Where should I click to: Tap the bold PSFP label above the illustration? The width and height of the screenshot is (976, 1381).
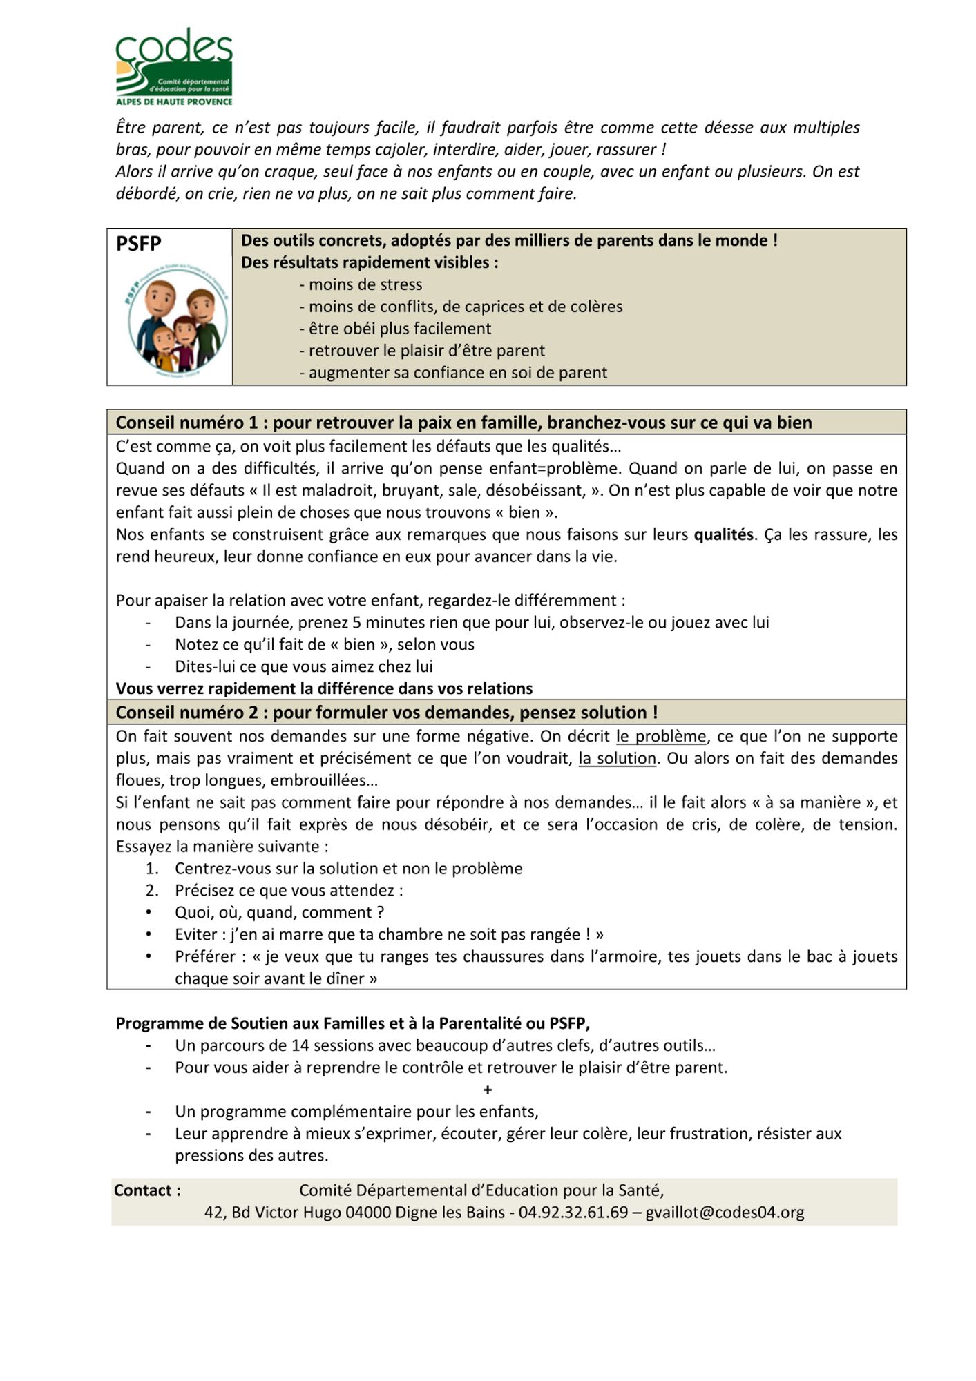[x=138, y=244]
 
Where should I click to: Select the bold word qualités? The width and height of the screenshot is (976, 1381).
[x=723, y=534]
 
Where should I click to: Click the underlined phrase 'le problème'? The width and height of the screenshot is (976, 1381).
[x=661, y=736]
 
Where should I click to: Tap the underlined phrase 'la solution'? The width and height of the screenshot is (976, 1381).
[x=617, y=758]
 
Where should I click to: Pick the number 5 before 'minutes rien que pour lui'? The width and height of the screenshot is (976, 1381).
[x=356, y=623]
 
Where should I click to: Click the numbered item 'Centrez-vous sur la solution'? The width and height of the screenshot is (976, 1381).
[x=348, y=869]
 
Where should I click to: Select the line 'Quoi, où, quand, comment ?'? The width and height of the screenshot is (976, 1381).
[x=279, y=913]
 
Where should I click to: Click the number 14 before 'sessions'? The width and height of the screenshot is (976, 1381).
[x=300, y=1045]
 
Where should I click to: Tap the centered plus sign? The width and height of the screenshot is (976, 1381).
[x=488, y=1090]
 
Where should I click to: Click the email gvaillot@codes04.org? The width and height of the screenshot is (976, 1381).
[x=725, y=1213]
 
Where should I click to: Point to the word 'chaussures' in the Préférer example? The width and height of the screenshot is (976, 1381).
[x=513, y=957]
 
